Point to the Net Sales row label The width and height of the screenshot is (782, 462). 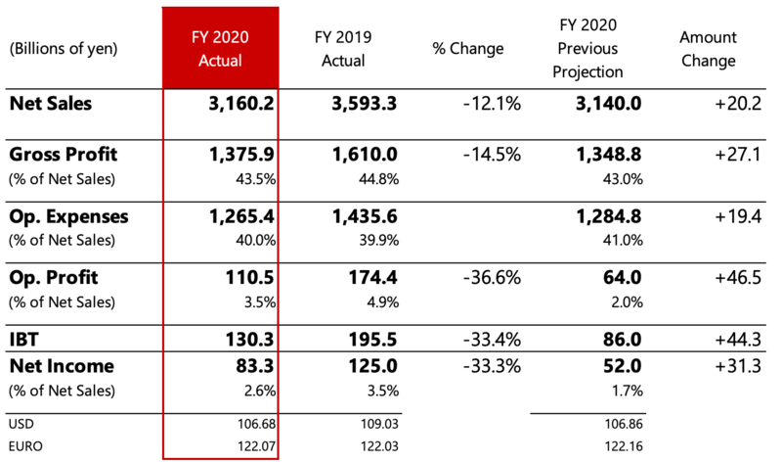[x=50, y=103]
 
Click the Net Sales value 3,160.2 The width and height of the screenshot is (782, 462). [x=236, y=103]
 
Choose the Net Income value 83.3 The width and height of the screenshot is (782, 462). [x=250, y=366]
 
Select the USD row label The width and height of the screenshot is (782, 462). [x=21, y=424]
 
